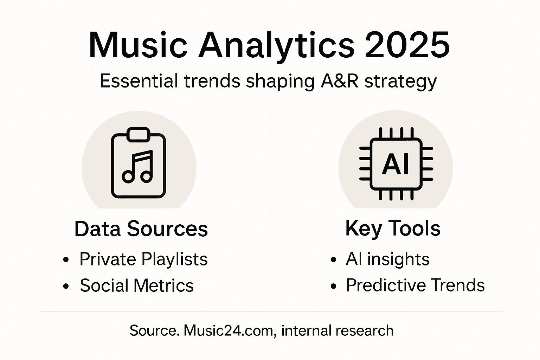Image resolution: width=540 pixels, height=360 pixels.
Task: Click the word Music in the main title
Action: coord(138,46)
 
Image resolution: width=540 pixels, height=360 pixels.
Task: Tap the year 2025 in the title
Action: coord(407,46)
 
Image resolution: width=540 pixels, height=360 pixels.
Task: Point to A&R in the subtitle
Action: coord(340,81)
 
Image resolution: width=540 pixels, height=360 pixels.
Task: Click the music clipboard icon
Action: coord(139,163)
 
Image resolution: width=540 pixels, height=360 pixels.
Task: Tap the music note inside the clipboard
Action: coord(138,167)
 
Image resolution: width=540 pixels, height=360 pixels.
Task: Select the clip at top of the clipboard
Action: coord(138,135)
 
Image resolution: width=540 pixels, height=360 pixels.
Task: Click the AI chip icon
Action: coord(396,164)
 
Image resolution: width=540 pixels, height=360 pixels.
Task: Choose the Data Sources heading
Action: coord(141,229)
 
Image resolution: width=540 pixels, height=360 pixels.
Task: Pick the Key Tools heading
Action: coord(393,229)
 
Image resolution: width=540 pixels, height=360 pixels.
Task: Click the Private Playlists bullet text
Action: coord(143,259)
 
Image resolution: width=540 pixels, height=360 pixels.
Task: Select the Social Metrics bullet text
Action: coord(136,285)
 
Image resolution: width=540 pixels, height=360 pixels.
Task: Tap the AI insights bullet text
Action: coord(387,259)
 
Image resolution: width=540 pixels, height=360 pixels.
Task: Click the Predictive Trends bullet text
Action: coord(415,285)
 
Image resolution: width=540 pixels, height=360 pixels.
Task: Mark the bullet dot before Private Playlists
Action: coord(66,261)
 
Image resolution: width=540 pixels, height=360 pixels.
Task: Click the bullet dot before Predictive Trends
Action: coord(334,286)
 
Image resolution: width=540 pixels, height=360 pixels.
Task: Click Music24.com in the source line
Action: coord(229,331)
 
